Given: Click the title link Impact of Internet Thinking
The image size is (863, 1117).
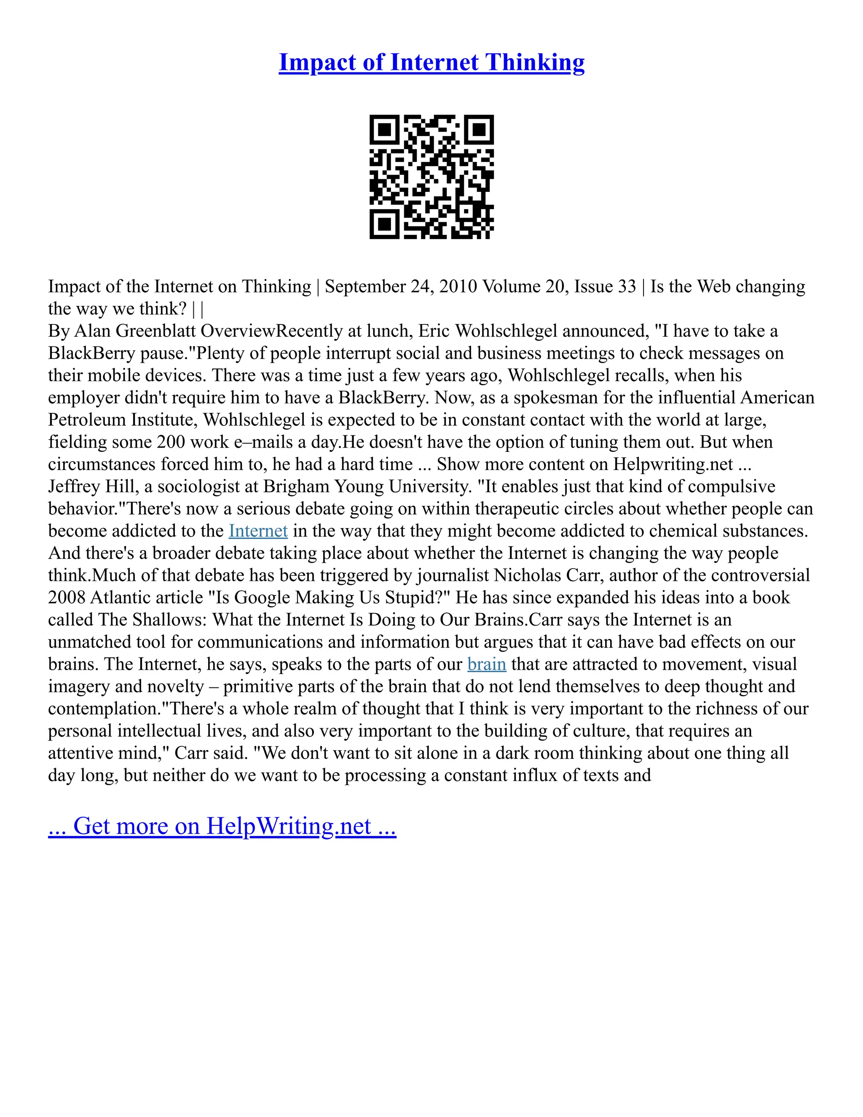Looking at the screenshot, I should [x=431, y=62].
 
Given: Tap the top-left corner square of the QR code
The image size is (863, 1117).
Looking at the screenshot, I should [x=384, y=129].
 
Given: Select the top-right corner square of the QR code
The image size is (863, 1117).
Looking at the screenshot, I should [x=479, y=129].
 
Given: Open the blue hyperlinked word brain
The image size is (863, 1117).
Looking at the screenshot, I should [x=487, y=664].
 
